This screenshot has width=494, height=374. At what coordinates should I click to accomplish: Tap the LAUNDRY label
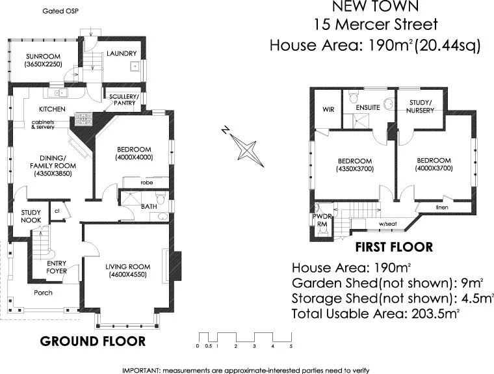pos(121,53)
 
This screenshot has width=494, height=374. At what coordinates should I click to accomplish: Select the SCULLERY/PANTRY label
pos(123,99)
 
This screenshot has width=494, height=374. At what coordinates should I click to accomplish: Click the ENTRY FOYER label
pos(58,267)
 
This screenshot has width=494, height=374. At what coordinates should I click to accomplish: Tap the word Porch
pos(44,293)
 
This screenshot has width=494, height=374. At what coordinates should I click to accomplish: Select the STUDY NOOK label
pos(31,216)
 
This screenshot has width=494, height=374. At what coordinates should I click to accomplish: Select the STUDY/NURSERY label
pos(420,106)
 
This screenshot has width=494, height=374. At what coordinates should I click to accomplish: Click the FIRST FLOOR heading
pos(393,247)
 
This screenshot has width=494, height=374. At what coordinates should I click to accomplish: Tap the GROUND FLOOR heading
pos(93,341)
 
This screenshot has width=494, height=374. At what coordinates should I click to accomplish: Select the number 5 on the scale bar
pos(291,346)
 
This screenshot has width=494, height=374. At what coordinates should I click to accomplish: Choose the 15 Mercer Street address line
pos(375,25)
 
